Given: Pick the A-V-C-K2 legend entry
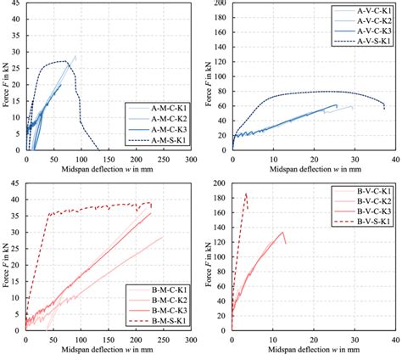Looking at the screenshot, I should pyautogui.click(x=365, y=20).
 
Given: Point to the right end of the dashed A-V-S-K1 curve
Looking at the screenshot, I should pyautogui.click(x=384, y=109).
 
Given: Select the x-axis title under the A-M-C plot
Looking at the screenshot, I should pyautogui.click(x=109, y=170).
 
